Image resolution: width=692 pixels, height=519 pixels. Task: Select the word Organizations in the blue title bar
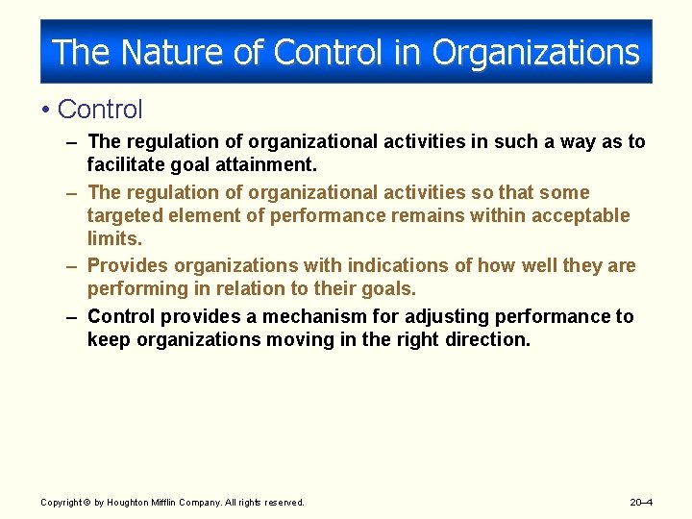click(x=535, y=52)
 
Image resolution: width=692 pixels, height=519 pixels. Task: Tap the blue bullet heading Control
click(x=100, y=111)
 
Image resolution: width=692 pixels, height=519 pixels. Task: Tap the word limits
click(x=114, y=238)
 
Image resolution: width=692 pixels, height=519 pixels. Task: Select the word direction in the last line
click(x=487, y=339)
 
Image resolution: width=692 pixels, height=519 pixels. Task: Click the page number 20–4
click(x=641, y=502)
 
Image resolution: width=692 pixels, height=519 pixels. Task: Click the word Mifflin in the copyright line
click(x=168, y=502)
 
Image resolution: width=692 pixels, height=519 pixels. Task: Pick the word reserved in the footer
click(x=283, y=502)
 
